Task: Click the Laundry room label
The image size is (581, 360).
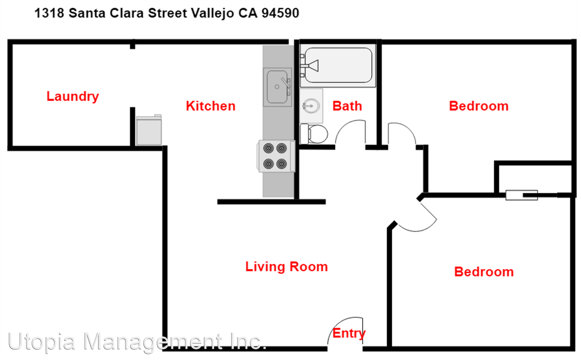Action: point(73,96)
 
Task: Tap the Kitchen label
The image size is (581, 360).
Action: point(211,106)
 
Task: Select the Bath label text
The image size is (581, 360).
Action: point(347,106)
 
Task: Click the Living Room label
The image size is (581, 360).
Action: point(286,266)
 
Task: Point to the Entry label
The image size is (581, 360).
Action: point(349,333)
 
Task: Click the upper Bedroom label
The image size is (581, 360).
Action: point(478,106)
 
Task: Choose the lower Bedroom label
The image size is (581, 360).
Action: point(484,271)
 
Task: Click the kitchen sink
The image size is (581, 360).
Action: point(278,87)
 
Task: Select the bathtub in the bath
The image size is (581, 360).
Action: point(338,65)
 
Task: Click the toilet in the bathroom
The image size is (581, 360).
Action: point(314,134)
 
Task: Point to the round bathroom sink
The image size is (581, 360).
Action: point(310,106)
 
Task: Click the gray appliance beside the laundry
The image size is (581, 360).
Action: point(149,130)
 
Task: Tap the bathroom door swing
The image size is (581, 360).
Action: point(350,133)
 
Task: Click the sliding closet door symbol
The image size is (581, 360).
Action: point(522,195)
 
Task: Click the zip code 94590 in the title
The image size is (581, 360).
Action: point(280,13)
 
